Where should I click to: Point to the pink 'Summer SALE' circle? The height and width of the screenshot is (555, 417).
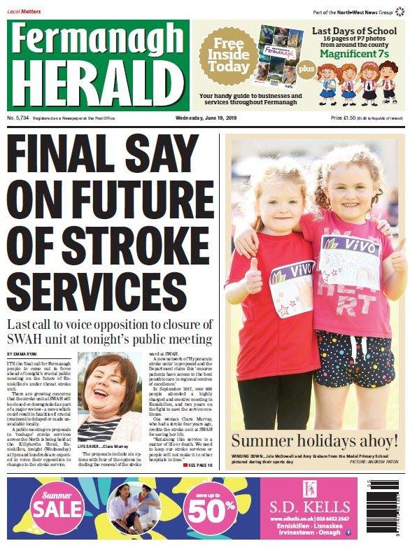(57, 507)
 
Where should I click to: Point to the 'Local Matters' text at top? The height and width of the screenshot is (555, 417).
(24, 11)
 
